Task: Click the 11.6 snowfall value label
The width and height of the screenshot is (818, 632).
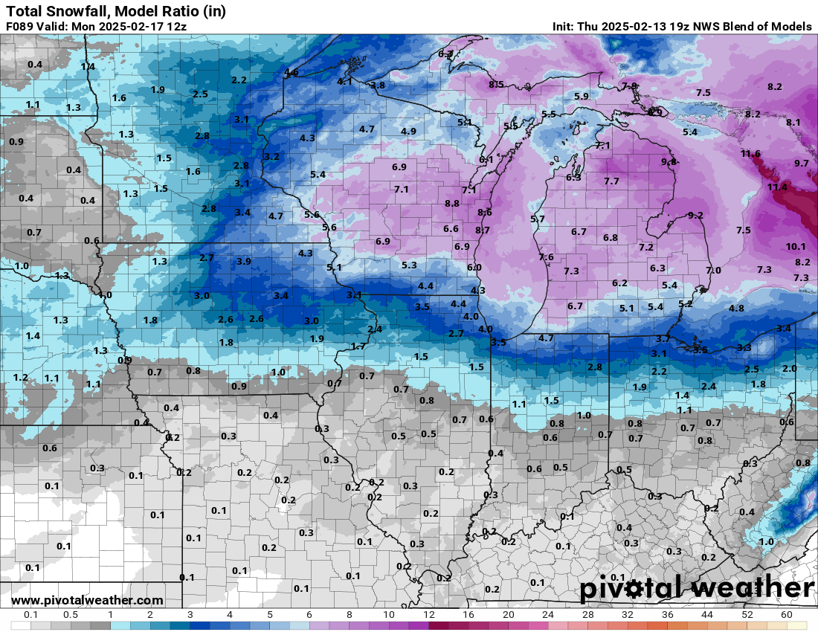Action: pyautogui.click(x=750, y=154)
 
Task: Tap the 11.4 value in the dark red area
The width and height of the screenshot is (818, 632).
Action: pyautogui.click(x=776, y=187)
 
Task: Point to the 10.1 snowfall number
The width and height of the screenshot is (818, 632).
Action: pyautogui.click(x=796, y=246)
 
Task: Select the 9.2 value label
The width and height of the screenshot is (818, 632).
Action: pyautogui.click(x=695, y=216)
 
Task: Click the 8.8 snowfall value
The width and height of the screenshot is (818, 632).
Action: pyautogui.click(x=452, y=204)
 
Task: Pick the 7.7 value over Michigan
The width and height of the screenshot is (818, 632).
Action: pyautogui.click(x=611, y=181)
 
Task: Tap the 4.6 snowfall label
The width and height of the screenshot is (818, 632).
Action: pyautogui.click(x=292, y=73)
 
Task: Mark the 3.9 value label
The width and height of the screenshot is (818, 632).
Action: pyautogui.click(x=244, y=262)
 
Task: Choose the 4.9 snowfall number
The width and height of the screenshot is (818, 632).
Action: pyautogui.click(x=408, y=132)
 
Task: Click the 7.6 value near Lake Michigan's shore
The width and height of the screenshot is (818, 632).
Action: pyautogui.click(x=546, y=257)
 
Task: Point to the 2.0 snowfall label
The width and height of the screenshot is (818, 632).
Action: pyautogui.click(x=790, y=369)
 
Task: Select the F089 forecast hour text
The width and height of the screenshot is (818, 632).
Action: pyautogui.click(x=19, y=26)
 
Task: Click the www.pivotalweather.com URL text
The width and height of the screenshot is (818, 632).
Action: pyautogui.click(x=87, y=600)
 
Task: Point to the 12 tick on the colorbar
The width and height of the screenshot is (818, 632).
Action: pyautogui.click(x=428, y=615)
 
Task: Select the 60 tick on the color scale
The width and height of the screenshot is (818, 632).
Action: pyautogui.click(x=787, y=615)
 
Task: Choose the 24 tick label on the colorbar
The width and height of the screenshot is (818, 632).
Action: pyautogui.click(x=548, y=615)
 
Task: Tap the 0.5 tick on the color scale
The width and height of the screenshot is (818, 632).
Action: pyautogui.click(x=71, y=615)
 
